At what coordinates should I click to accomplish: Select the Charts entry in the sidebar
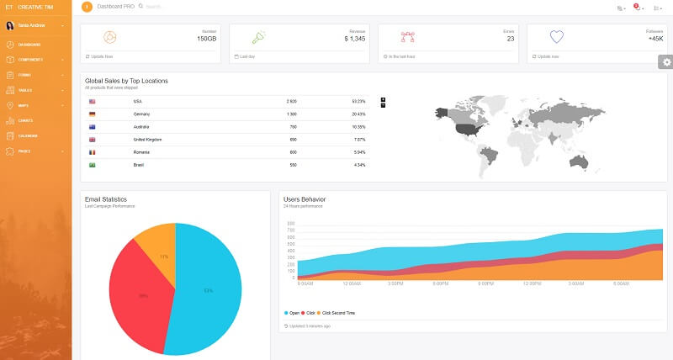(x=25, y=120)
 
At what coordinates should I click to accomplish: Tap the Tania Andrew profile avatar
(x=10, y=25)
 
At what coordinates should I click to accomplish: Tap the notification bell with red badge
(x=637, y=8)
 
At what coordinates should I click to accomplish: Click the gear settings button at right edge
(x=666, y=61)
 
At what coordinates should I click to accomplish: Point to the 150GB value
(x=206, y=39)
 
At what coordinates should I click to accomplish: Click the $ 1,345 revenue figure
(x=354, y=39)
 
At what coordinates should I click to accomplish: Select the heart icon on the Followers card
(x=556, y=37)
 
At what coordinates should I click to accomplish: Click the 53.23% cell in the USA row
(x=358, y=101)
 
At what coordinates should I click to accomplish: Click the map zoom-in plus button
(x=384, y=99)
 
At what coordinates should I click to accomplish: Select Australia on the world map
(x=578, y=159)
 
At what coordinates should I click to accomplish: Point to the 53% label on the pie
(x=208, y=291)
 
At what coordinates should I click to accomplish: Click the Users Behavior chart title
(x=305, y=199)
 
